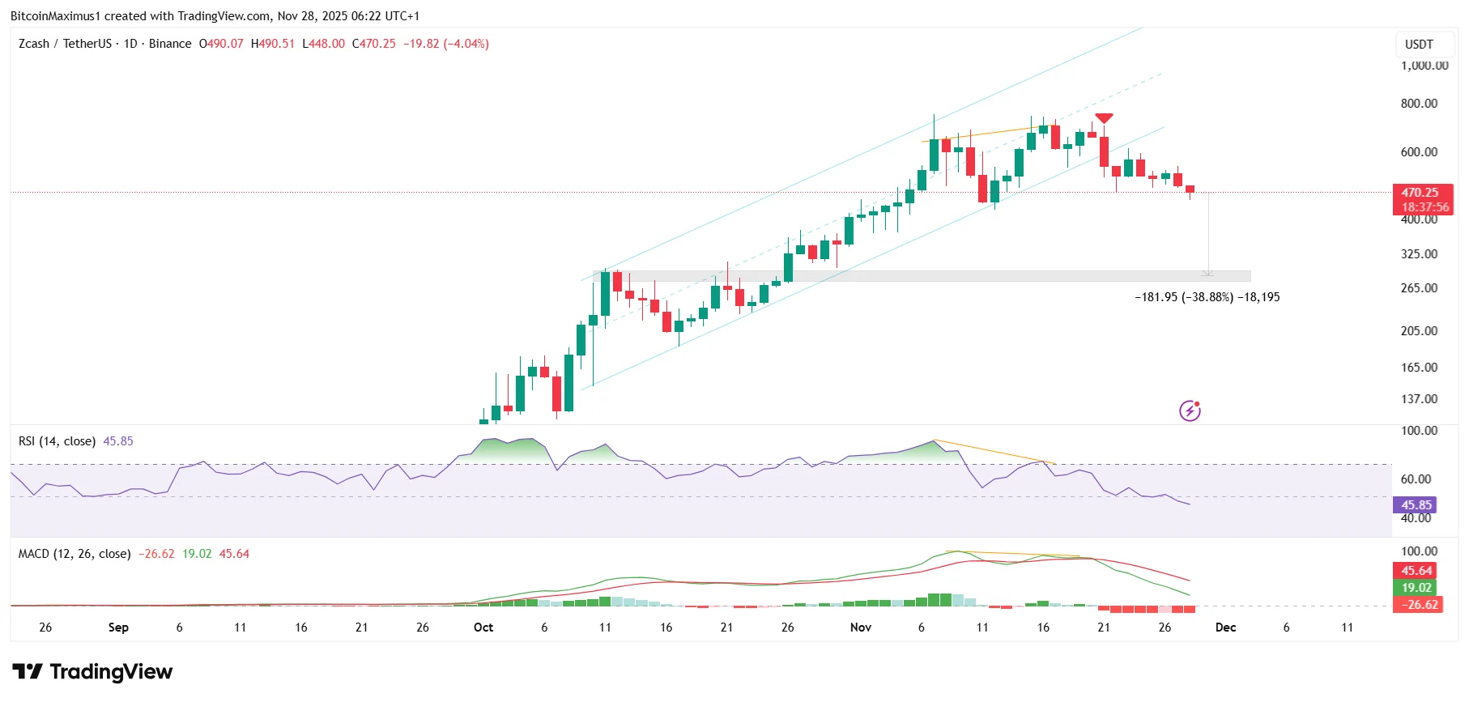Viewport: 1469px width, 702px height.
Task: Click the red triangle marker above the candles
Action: point(1104,118)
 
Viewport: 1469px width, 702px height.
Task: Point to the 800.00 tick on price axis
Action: point(1419,104)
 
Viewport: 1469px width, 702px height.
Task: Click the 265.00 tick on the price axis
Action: point(1419,288)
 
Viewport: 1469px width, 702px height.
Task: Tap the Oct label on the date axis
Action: point(483,628)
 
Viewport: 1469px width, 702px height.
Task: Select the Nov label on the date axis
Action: point(861,628)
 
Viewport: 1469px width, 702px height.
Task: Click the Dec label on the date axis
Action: point(1225,628)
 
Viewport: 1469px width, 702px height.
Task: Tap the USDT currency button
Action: point(1419,45)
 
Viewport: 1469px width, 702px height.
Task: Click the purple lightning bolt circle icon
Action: point(1190,411)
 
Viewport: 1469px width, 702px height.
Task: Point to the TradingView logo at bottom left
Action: point(92,672)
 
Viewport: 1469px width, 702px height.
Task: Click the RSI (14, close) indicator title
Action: point(57,441)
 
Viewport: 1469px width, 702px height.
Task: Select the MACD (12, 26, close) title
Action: point(75,554)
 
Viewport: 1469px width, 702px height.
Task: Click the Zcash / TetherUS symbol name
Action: point(65,44)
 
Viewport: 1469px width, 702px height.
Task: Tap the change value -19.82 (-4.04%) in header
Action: point(446,44)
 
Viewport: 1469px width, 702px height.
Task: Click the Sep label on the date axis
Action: point(118,628)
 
